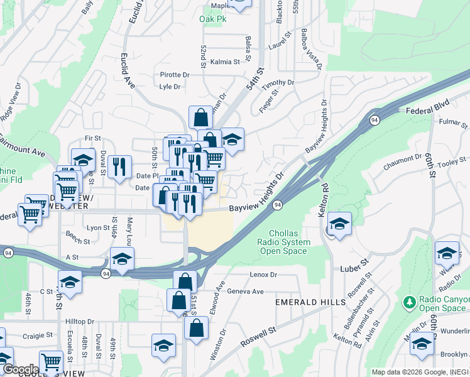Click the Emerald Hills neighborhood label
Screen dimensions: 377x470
(x=311, y=302)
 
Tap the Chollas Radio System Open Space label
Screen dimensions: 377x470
(x=285, y=243)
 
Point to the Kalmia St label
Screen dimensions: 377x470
(x=225, y=62)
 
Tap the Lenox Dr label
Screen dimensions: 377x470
(x=263, y=275)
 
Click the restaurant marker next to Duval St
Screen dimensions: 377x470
(x=119, y=167)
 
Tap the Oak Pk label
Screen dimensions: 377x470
(x=212, y=19)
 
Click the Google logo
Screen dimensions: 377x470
(x=20, y=369)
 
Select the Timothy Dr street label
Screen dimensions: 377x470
(x=278, y=83)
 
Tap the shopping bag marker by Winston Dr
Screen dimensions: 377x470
(x=196, y=328)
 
